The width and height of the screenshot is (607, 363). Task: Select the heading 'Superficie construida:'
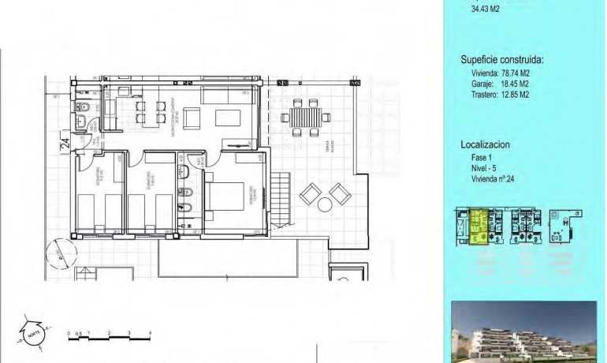coord(501,59)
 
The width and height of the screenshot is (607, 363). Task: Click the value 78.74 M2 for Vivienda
coord(510,73)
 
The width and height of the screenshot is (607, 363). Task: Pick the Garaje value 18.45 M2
coord(510,83)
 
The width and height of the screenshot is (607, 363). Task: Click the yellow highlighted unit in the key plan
coord(479,226)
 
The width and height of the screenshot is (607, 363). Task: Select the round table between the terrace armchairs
coord(325,204)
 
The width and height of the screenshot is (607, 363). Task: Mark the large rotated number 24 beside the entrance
coord(64,144)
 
